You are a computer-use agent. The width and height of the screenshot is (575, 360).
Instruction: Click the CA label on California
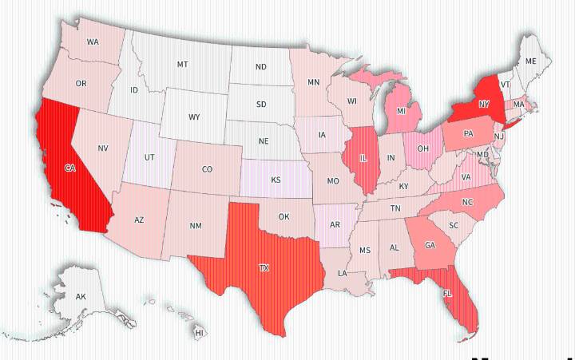69,168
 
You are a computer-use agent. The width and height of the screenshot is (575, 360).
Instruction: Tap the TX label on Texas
264,267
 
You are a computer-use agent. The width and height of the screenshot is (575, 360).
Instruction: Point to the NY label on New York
484,104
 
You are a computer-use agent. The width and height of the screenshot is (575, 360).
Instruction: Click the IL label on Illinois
363,158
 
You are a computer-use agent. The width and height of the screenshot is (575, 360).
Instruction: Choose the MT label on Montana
182,64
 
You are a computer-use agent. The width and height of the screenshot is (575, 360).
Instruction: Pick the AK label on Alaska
81,297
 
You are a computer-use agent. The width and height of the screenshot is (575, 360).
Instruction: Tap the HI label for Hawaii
199,332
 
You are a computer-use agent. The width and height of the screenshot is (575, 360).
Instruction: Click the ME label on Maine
531,61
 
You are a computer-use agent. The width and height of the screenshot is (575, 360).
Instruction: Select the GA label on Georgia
430,245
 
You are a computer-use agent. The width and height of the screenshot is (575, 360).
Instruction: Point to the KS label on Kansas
276,180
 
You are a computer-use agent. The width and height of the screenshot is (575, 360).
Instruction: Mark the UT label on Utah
149,157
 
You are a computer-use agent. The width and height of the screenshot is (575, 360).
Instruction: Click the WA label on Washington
93,42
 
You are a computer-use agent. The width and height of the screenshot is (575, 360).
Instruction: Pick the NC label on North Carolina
467,202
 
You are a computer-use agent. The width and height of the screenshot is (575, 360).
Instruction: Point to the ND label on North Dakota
261,67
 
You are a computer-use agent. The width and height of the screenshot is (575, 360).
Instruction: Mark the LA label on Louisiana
342,273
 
